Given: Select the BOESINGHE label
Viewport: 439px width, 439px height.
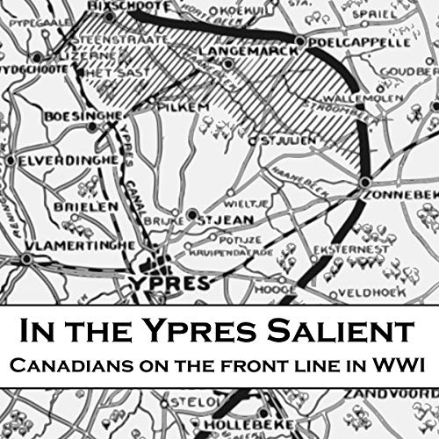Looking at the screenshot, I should click(x=72, y=115).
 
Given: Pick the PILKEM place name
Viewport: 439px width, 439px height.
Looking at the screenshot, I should click(x=176, y=105).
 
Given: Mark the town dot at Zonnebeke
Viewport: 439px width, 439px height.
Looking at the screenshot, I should click(x=364, y=182).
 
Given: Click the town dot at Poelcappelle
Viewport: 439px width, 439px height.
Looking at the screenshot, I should click(x=301, y=41).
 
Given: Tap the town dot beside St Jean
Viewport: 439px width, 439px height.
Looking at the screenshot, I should click(x=192, y=213).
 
